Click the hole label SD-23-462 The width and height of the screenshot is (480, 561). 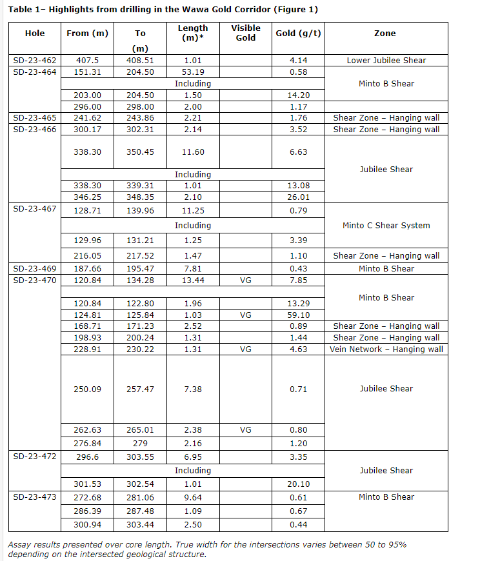coord(35,61)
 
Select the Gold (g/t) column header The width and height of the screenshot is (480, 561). coord(295,33)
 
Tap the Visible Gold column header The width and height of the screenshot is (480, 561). coord(245,33)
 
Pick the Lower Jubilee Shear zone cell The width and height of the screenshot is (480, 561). coord(386,61)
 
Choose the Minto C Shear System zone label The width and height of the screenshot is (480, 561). coord(386,226)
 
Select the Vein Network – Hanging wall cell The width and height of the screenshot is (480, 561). coord(386,349)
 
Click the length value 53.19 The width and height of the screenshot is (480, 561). coord(193,72)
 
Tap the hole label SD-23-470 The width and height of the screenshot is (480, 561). coord(35,280)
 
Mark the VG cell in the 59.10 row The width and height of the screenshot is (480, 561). coord(245,315)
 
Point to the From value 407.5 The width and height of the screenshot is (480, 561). coord(87,61)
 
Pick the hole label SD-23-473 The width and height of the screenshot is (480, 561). coord(35,497)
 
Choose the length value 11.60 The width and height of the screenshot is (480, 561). coord(193,152)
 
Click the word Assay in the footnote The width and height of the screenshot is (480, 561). coord(19,545)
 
